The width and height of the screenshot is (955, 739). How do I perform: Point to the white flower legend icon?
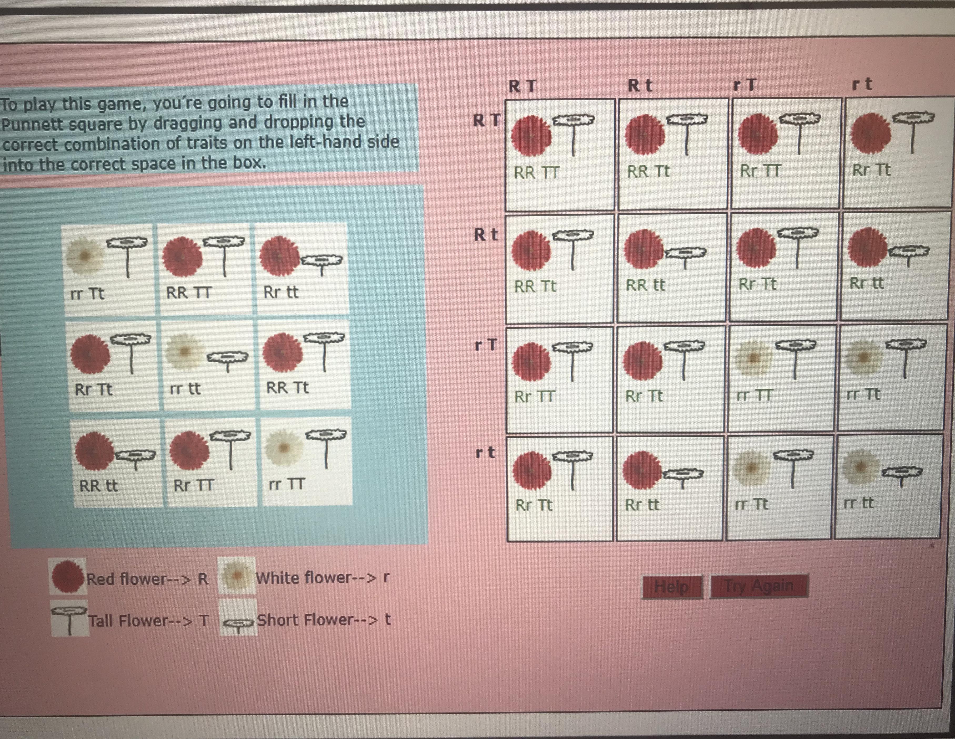point(237,576)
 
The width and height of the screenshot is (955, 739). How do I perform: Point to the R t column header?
point(640,85)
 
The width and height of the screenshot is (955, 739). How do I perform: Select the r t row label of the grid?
point(485,453)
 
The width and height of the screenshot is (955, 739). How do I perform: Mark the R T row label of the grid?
point(486,120)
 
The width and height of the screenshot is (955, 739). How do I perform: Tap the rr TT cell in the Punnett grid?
point(782,378)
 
